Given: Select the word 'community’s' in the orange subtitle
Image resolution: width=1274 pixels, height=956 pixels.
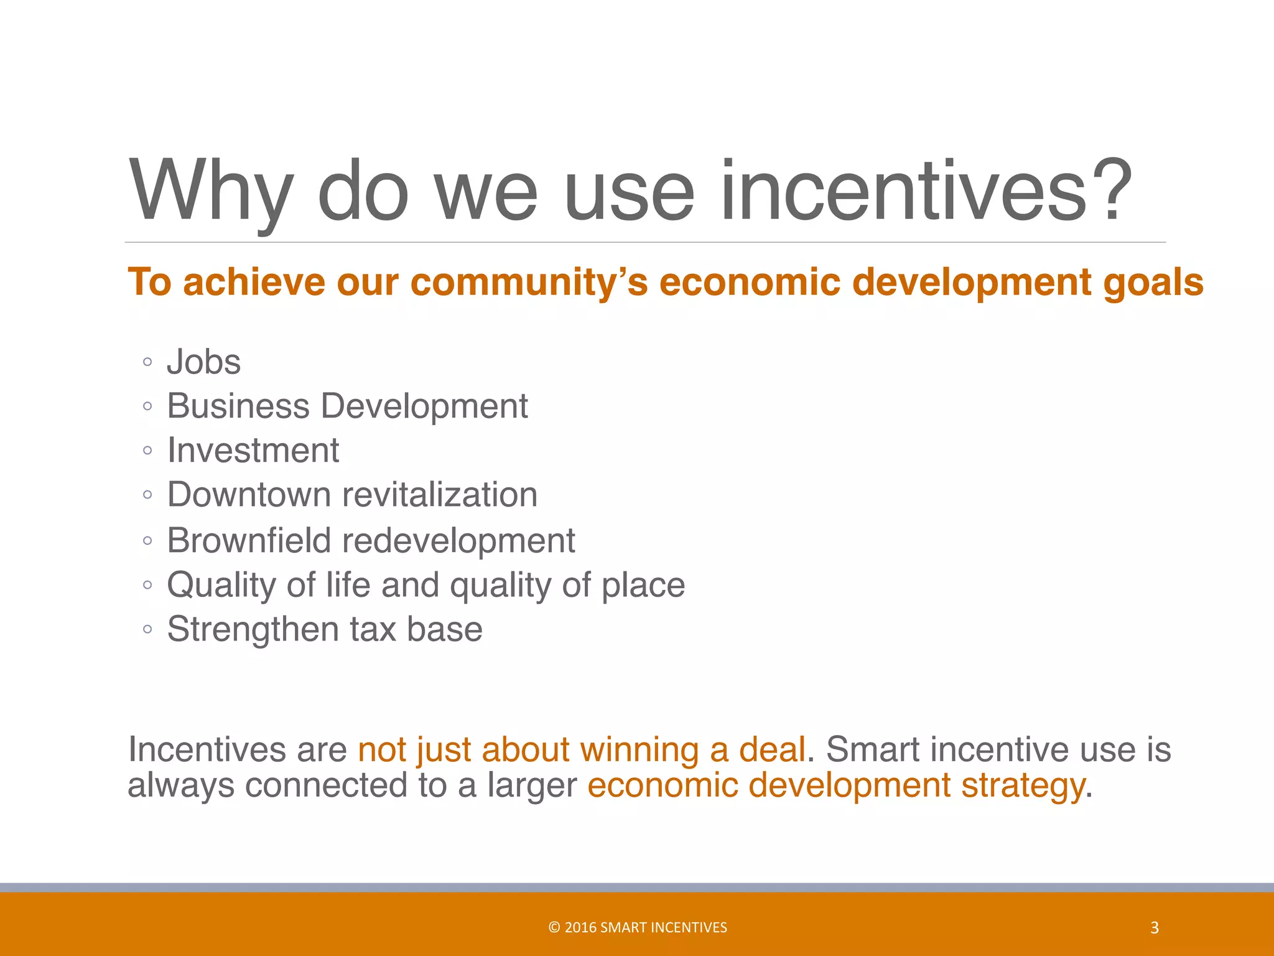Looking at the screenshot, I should [x=529, y=283].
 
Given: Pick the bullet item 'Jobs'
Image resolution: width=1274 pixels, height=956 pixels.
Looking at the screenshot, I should [x=203, y=362].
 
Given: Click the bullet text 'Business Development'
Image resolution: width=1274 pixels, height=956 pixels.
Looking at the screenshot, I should [x=347, y=406].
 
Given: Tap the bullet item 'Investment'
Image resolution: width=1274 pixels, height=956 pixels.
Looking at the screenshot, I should [x=253, y=451].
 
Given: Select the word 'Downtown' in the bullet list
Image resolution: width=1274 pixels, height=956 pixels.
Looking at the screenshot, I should [x=249, y=495].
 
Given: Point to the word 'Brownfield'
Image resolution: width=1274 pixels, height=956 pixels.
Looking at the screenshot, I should [x=249, y=540].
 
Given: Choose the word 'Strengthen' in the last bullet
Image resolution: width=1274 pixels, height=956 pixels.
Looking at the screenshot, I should [x=253, y=629].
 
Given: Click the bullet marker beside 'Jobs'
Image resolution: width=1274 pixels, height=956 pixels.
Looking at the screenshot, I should [x=147, y=362].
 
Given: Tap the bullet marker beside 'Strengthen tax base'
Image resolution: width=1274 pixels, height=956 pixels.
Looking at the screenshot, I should [x=147, y=629].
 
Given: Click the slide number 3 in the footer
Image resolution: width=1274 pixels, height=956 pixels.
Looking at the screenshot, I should [x=1155, y=928].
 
